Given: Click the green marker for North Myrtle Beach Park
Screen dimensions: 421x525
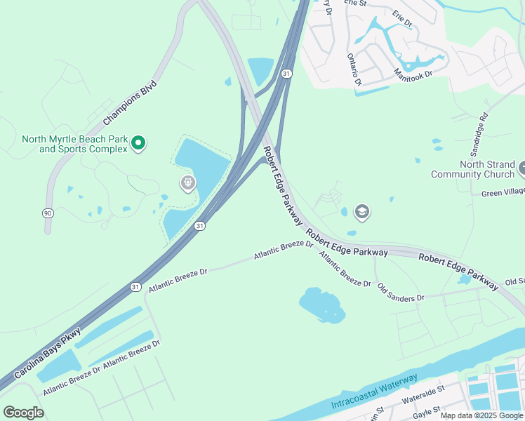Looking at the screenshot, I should coord(138,144).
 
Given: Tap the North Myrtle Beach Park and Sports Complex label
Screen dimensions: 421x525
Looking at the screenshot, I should coord(74,144).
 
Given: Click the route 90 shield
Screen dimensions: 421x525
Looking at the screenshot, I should coord(47,211).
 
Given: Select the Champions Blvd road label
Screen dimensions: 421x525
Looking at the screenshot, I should coord(130,103).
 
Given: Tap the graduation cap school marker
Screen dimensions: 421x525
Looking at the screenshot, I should coord(362,211).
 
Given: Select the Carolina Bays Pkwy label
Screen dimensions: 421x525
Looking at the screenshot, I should coord(48,353).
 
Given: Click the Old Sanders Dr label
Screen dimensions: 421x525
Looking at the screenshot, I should coord(401,293).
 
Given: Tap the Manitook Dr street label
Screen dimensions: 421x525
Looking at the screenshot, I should coord(413,72).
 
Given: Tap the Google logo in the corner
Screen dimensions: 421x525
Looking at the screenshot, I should coord(23,413).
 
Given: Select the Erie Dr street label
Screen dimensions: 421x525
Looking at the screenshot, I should coord(402,19).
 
